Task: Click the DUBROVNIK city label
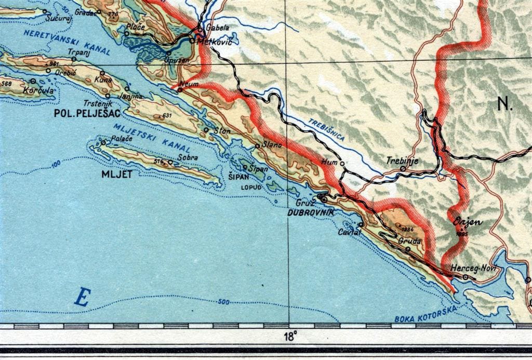[310, 213]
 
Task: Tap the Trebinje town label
[402, 161]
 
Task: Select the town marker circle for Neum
[180, 90]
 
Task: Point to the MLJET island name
[117, 175]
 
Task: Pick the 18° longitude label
[290, 334]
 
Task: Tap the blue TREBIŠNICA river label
[327, 129]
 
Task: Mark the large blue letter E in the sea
[82, 298]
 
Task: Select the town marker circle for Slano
[258, 146]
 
